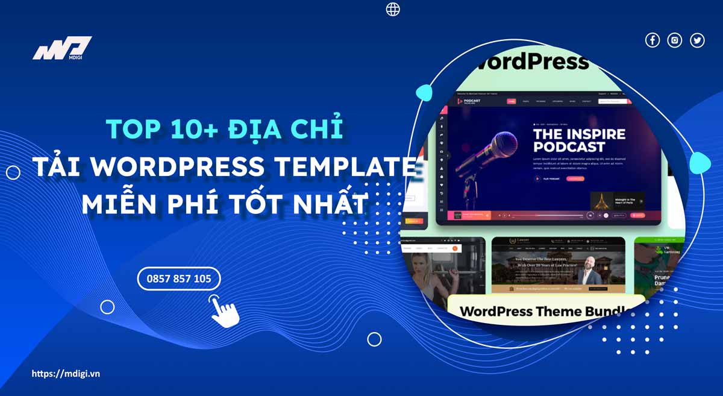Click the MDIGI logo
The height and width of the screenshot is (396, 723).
[x=62, y=49]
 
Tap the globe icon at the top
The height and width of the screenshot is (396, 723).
[x=393, y=9]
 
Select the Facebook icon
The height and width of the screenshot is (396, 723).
[x=653, y=40]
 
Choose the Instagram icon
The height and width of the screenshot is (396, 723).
[x=675, y=40]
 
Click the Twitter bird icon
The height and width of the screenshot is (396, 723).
[x=697, y=40]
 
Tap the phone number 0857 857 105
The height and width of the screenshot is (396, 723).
[x=179, y=278]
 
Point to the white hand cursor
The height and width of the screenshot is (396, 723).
[x=224, y=310]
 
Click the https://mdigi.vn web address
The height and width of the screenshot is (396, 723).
[x=66, y=374]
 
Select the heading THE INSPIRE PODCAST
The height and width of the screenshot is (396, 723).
[x=579, y=140]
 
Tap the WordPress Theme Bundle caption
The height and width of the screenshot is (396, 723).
[x=545, y=312]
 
